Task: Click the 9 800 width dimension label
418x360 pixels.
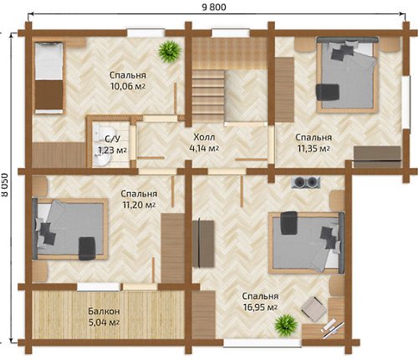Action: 214,7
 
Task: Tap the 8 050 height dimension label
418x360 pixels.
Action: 4,185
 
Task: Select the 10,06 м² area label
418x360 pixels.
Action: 128,86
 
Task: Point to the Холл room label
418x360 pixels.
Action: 204,137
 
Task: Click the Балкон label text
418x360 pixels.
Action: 104,311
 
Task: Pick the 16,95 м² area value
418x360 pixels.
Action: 260,307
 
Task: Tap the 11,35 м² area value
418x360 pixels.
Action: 313,149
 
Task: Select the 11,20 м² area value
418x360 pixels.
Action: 139,205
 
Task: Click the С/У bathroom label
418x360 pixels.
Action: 108,139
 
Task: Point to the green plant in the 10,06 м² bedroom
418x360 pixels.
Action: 170,52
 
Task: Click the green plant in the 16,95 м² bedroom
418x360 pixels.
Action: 286,326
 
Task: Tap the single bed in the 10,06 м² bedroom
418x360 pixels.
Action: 49,78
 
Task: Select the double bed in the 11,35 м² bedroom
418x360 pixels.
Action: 348,74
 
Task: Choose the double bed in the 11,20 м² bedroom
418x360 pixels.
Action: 70,229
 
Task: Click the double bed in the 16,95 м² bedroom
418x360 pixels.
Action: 307,242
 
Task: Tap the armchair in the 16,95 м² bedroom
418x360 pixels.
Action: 313,307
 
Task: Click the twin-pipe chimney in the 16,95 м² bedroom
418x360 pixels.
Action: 306,182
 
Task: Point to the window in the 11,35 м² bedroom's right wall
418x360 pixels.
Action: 406,102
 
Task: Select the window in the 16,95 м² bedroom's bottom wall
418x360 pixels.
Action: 263,342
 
